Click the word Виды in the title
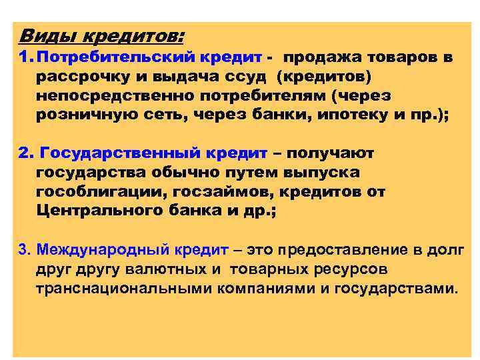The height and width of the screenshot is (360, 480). [x=41, y=34]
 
